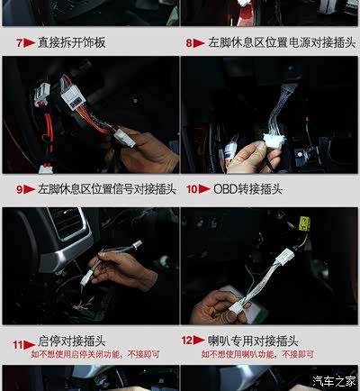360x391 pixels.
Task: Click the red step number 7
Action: tap(20, 43)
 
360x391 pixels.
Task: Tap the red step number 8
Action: tap(189, 43)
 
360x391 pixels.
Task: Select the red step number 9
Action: tap(20, 189)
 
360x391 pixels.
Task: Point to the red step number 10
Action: tap(192, 189)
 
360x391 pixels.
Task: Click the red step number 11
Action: tap(18, 344)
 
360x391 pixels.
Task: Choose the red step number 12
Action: tap(186, 341)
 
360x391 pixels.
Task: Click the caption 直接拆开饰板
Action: tap(72, 42)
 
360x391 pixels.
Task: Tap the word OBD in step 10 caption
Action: tap(226, 189)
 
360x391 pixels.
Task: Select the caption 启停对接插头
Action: tap(72, 341)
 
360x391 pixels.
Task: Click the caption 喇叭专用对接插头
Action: tap(253, 341)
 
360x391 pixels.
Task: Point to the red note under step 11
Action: tap(95, 354)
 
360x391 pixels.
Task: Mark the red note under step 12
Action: tap(257, 354)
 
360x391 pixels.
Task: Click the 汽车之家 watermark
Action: tap(334, 381)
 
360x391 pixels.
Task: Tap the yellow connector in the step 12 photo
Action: tap(304, 224)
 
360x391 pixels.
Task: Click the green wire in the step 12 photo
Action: tap(250, 281)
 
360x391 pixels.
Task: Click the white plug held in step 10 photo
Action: tap(274, 141)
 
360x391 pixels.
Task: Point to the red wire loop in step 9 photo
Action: tap(48, 134)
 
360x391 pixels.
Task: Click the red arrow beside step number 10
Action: tap(204, 189)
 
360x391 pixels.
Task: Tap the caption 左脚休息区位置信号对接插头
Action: tap(107, 189)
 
